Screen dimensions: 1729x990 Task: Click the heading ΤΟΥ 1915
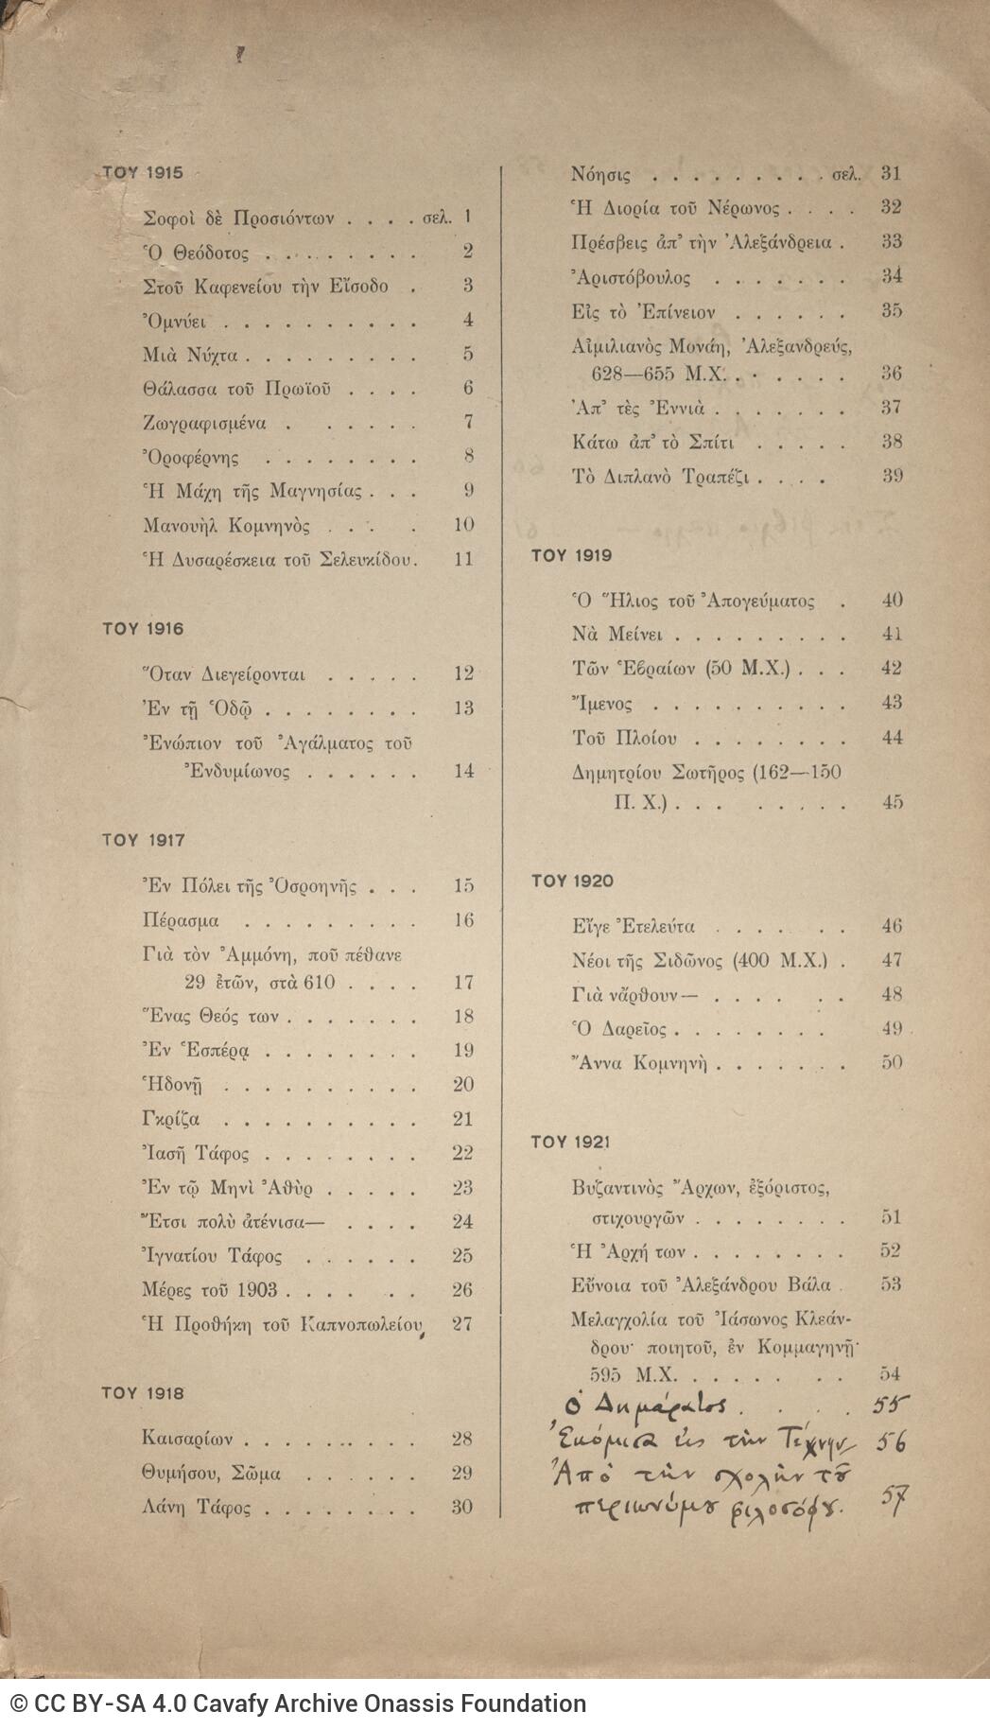[x=143, y=173]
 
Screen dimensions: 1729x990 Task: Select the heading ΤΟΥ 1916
[x=143, y=629]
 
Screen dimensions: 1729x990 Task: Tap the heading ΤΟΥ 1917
[x=143, y=840]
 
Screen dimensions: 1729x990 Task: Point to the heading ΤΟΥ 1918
[x=143, y=1393]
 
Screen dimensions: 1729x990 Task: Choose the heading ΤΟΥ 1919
[x=571, y=555]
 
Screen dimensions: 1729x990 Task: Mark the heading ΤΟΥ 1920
[x=571, y=882]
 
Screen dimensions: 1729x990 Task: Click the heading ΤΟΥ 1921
[x=570, y=1142]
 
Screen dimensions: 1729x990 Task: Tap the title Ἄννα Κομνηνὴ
[x=640, y=1063]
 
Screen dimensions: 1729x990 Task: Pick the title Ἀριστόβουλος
[x=631, y=277]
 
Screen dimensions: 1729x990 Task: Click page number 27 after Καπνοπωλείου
[x=462, y=1323]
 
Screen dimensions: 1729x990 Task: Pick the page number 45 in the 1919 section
[x=892, y=802]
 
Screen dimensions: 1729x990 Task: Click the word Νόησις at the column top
[x=601, y=174]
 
